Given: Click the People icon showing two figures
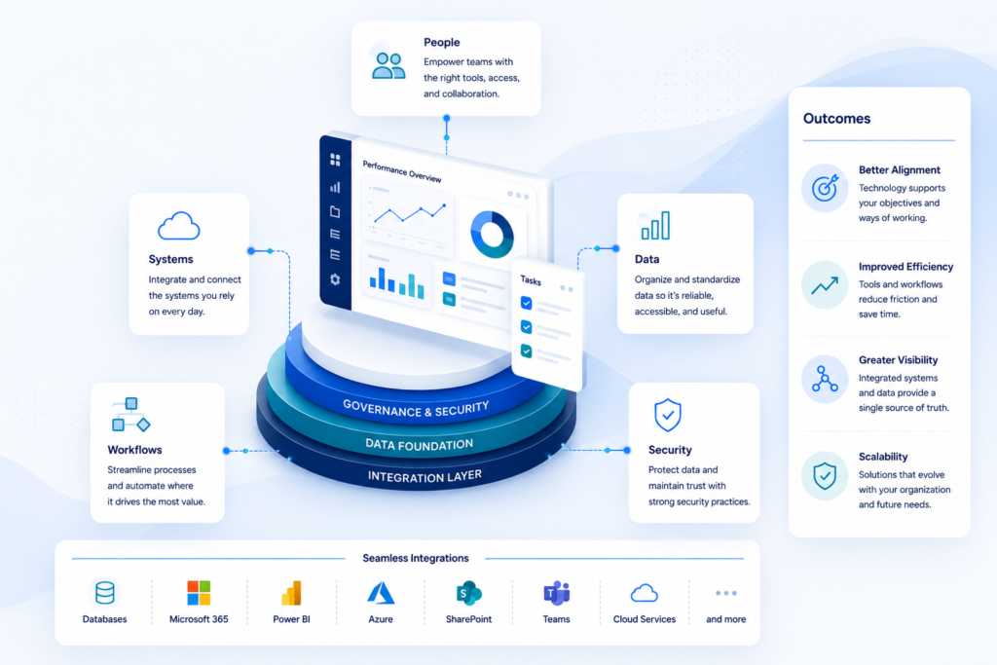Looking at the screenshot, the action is pos(388,65).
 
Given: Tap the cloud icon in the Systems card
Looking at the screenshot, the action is pos(179,226).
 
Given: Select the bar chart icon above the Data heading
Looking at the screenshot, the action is pos(655,226).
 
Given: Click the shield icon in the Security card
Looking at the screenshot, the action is pos(668,415).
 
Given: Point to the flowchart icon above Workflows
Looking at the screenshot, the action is pos(131,415).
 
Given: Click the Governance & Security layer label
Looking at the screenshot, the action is pos(416,408).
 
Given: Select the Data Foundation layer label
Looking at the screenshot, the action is pos(419,444).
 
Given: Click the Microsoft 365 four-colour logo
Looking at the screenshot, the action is pos(199,593).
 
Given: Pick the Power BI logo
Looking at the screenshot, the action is pos(291,593).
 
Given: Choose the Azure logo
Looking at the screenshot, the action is pos(381,593).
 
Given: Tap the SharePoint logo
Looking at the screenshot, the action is pos(468,593).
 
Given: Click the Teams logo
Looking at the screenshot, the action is pos(556,593).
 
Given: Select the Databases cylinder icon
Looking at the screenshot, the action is pos(105,593).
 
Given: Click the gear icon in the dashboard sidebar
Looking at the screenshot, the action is pos(335,279).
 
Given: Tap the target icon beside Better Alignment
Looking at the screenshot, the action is pos(825,188).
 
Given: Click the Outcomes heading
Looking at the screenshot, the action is pos(836,118).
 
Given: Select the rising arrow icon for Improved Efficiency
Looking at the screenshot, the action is pos(825,285).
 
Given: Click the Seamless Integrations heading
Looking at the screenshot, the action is pos(416,558).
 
